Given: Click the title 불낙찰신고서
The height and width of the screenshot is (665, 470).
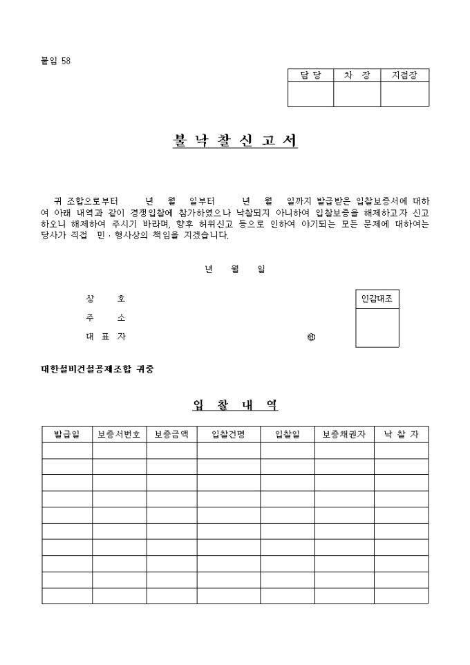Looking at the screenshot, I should pyautogui.click(x=235, y=140).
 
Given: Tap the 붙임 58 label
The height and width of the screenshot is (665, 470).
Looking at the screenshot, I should pyautogui.click(x=56, y=61).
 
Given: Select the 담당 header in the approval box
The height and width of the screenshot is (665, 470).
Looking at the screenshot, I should pyautogui.click(x=311, y=75).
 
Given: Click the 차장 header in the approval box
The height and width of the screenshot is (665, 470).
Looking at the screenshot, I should pyautogui.click(x=357, y=75).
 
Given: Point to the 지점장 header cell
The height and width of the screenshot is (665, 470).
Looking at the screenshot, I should pyautogui.click(x=404, y=75).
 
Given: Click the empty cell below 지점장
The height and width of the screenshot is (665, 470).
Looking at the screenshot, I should pyautogui.click(x=404, y=94).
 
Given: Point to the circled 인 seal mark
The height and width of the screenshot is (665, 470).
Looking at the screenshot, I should pyautogui.click(x=311, y=338).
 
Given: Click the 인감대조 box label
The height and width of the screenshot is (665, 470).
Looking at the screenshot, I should pyautogui.click(x=377, y=299).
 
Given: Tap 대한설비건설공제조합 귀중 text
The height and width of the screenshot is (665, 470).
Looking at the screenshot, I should pyautogui.click(x=97, y=368).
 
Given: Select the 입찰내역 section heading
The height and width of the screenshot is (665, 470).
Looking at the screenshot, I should pyautogui.click(x=235, y=405).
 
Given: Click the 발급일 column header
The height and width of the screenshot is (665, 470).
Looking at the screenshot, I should pyautogui.click(x=67, y=434).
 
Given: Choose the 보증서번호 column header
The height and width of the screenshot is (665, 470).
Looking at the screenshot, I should pyautogui.click(x=119, y=434).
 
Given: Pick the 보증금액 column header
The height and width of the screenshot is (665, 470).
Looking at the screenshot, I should pyautogui.click(x=171, y=434).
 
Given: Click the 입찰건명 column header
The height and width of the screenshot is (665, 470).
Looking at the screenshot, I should pyautogui.click(x=228, y=434).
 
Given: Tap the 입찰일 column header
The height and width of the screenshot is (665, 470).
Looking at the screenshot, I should pyautogui.click(x=288, y=434).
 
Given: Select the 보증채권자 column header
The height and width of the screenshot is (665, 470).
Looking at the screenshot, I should pyautogui.click(x=344, y=434).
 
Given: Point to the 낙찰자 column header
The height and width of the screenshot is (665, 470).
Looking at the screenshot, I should pyautogui.click(x=402, y=434).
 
